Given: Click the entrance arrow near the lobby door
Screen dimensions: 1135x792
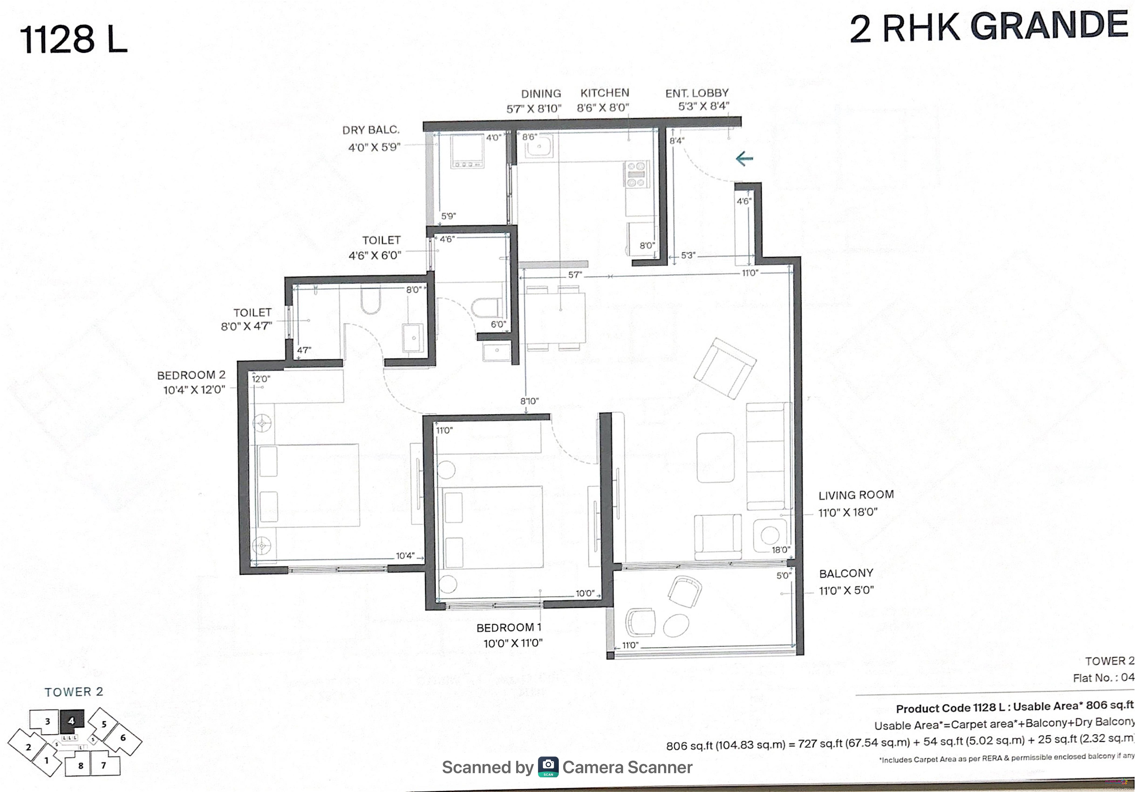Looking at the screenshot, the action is click(744, 159).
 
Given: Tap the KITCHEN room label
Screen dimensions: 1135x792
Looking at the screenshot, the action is click(605, 93).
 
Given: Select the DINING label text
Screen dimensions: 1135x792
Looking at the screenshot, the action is click(541, 93).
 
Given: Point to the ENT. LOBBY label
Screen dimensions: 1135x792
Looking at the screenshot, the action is click(697, 93).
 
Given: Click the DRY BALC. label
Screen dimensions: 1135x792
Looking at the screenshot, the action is click(371, 130).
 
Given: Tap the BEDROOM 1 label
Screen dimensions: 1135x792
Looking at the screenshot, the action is click(509, 628).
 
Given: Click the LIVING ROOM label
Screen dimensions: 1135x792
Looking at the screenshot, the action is click(856, 495).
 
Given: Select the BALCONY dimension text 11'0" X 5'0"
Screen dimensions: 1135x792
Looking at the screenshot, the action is click(846, 590).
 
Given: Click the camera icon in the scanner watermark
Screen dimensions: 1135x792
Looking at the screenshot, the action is click(548, 767).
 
